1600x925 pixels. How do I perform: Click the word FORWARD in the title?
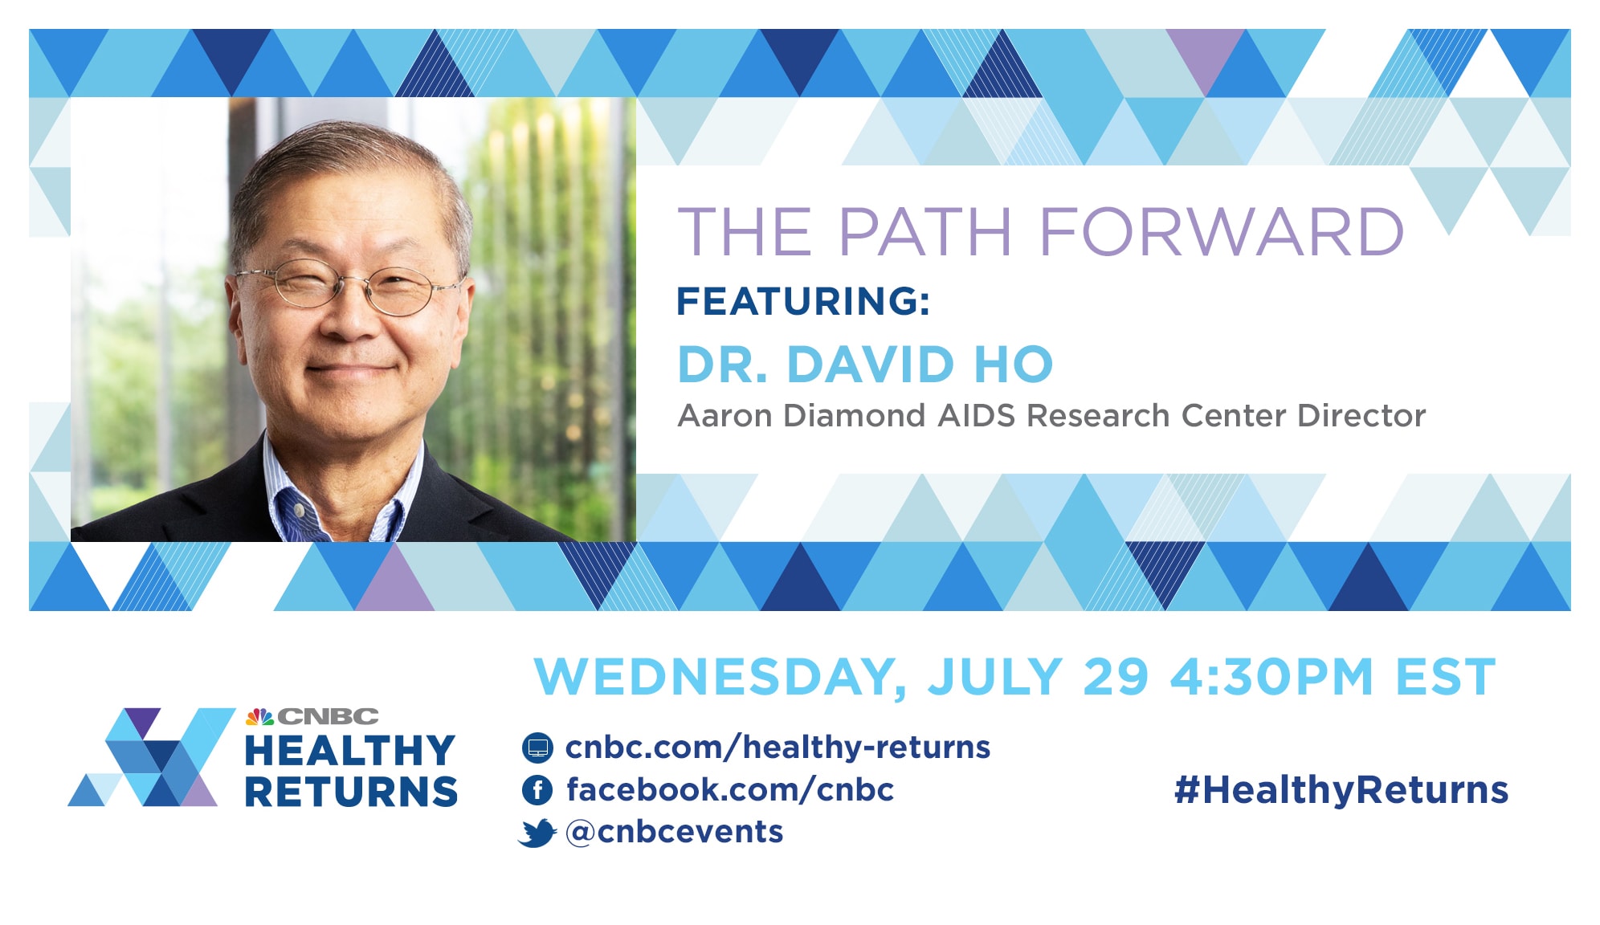tap(1221, 231)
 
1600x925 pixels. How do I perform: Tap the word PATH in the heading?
tap(924, 231)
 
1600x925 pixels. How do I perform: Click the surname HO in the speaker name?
tap(1013, 365)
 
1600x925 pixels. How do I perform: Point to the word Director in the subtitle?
tap(1361, 416)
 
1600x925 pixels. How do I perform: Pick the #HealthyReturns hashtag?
tap(1341, 790)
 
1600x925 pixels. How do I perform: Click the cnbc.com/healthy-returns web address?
tap(778, 748)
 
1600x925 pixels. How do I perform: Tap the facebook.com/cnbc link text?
tap(730, 789)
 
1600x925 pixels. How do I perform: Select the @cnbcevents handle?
tap(675, 832)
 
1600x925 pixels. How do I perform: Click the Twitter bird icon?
tap(537, 833)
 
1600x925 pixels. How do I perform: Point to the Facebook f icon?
tap(537, 790)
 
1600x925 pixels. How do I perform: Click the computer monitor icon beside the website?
tap(537, 748)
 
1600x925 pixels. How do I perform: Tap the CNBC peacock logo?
tap(260, 715)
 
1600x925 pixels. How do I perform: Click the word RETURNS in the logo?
tap(351, 792)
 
